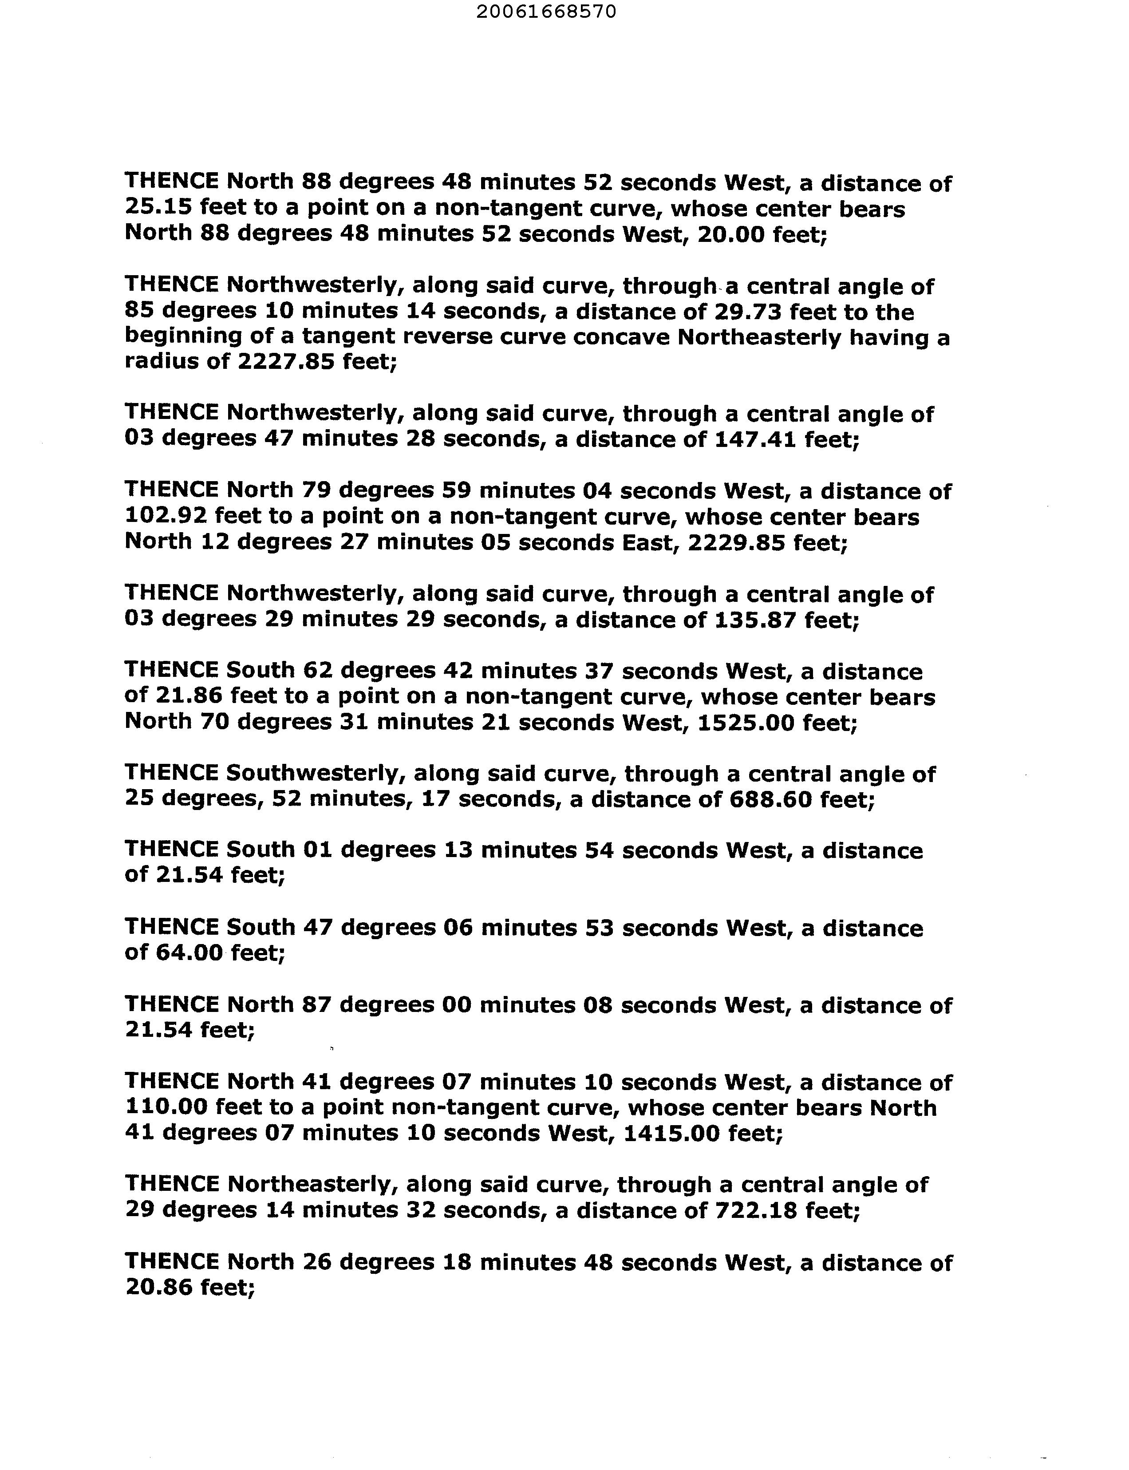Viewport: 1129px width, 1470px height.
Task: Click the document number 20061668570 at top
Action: coord(546,12)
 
